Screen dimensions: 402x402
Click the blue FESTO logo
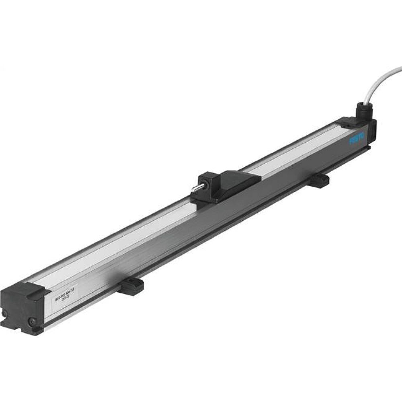point(357,139)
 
